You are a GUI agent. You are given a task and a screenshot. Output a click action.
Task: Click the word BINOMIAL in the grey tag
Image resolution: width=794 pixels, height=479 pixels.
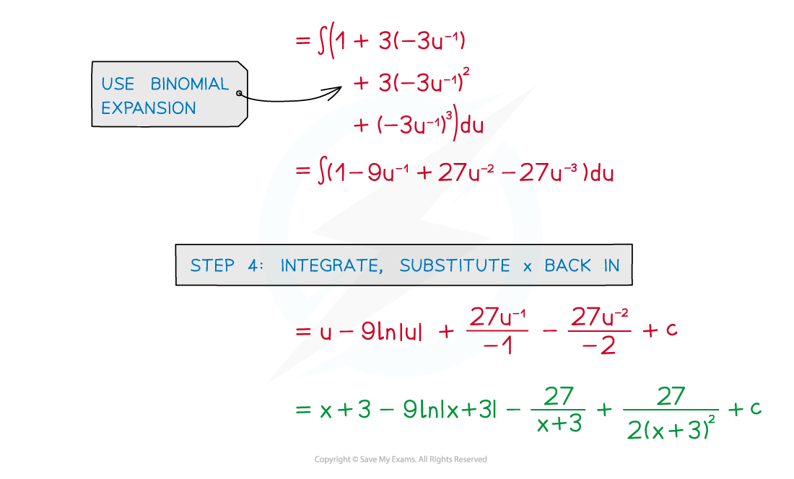tap(189, 84)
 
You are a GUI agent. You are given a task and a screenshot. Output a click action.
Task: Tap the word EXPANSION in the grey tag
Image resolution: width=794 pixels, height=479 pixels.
tap(148, 108)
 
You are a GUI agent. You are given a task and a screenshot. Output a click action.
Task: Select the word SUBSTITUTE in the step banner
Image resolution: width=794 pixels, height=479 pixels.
tap(455, 265)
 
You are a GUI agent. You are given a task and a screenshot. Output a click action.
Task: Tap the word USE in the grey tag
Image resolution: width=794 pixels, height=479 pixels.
tap(117, 84)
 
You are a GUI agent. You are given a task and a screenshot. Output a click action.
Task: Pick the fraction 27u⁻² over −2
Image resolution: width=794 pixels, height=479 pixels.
tap(598, 331)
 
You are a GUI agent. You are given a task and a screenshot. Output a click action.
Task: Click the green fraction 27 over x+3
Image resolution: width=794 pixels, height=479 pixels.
tap(559, 409)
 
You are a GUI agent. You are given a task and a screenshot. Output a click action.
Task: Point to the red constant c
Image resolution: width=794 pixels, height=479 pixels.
tap(671, 331)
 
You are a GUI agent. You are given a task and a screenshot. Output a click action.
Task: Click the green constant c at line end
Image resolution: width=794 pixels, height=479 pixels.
tap(756, 408)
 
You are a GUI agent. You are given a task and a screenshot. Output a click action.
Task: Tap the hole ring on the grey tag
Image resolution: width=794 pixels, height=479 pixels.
tap(240, 93)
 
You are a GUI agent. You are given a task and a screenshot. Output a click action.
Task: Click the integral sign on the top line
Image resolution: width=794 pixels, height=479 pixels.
tap(322, 42)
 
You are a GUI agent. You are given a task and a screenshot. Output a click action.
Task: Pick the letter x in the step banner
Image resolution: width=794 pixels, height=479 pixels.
tap(527, 266)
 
